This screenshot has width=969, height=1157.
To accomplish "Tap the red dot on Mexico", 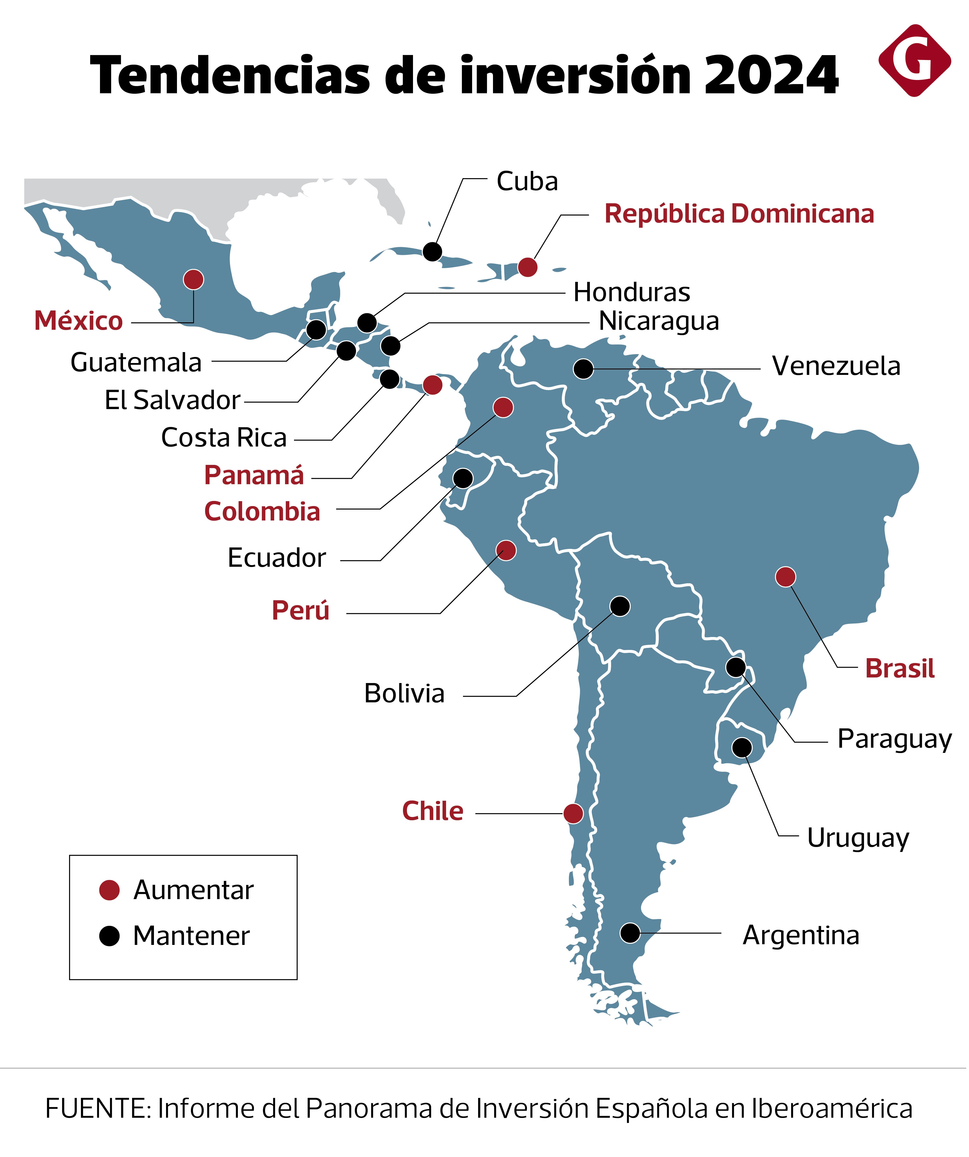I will tap(193, 279).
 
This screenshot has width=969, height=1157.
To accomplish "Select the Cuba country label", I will tap(527, 181).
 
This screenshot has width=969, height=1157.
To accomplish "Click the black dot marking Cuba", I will tap(433, 251).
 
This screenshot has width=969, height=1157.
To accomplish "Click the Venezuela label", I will tap(836, 366).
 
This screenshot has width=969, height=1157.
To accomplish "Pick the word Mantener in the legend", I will tap(191, 936).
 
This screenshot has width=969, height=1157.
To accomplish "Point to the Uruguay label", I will tap(858, 838).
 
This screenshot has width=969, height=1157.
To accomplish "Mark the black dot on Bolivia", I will tap(620, 606).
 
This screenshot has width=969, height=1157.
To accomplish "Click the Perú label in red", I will tap(300, 610).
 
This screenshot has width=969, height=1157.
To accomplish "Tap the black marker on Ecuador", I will tap(463, 478).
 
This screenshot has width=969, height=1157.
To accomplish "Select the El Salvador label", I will tap(172, 400).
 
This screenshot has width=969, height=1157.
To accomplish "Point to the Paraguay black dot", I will tap(736, 667).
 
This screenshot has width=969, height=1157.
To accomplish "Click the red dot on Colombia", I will tap(503, 407).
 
